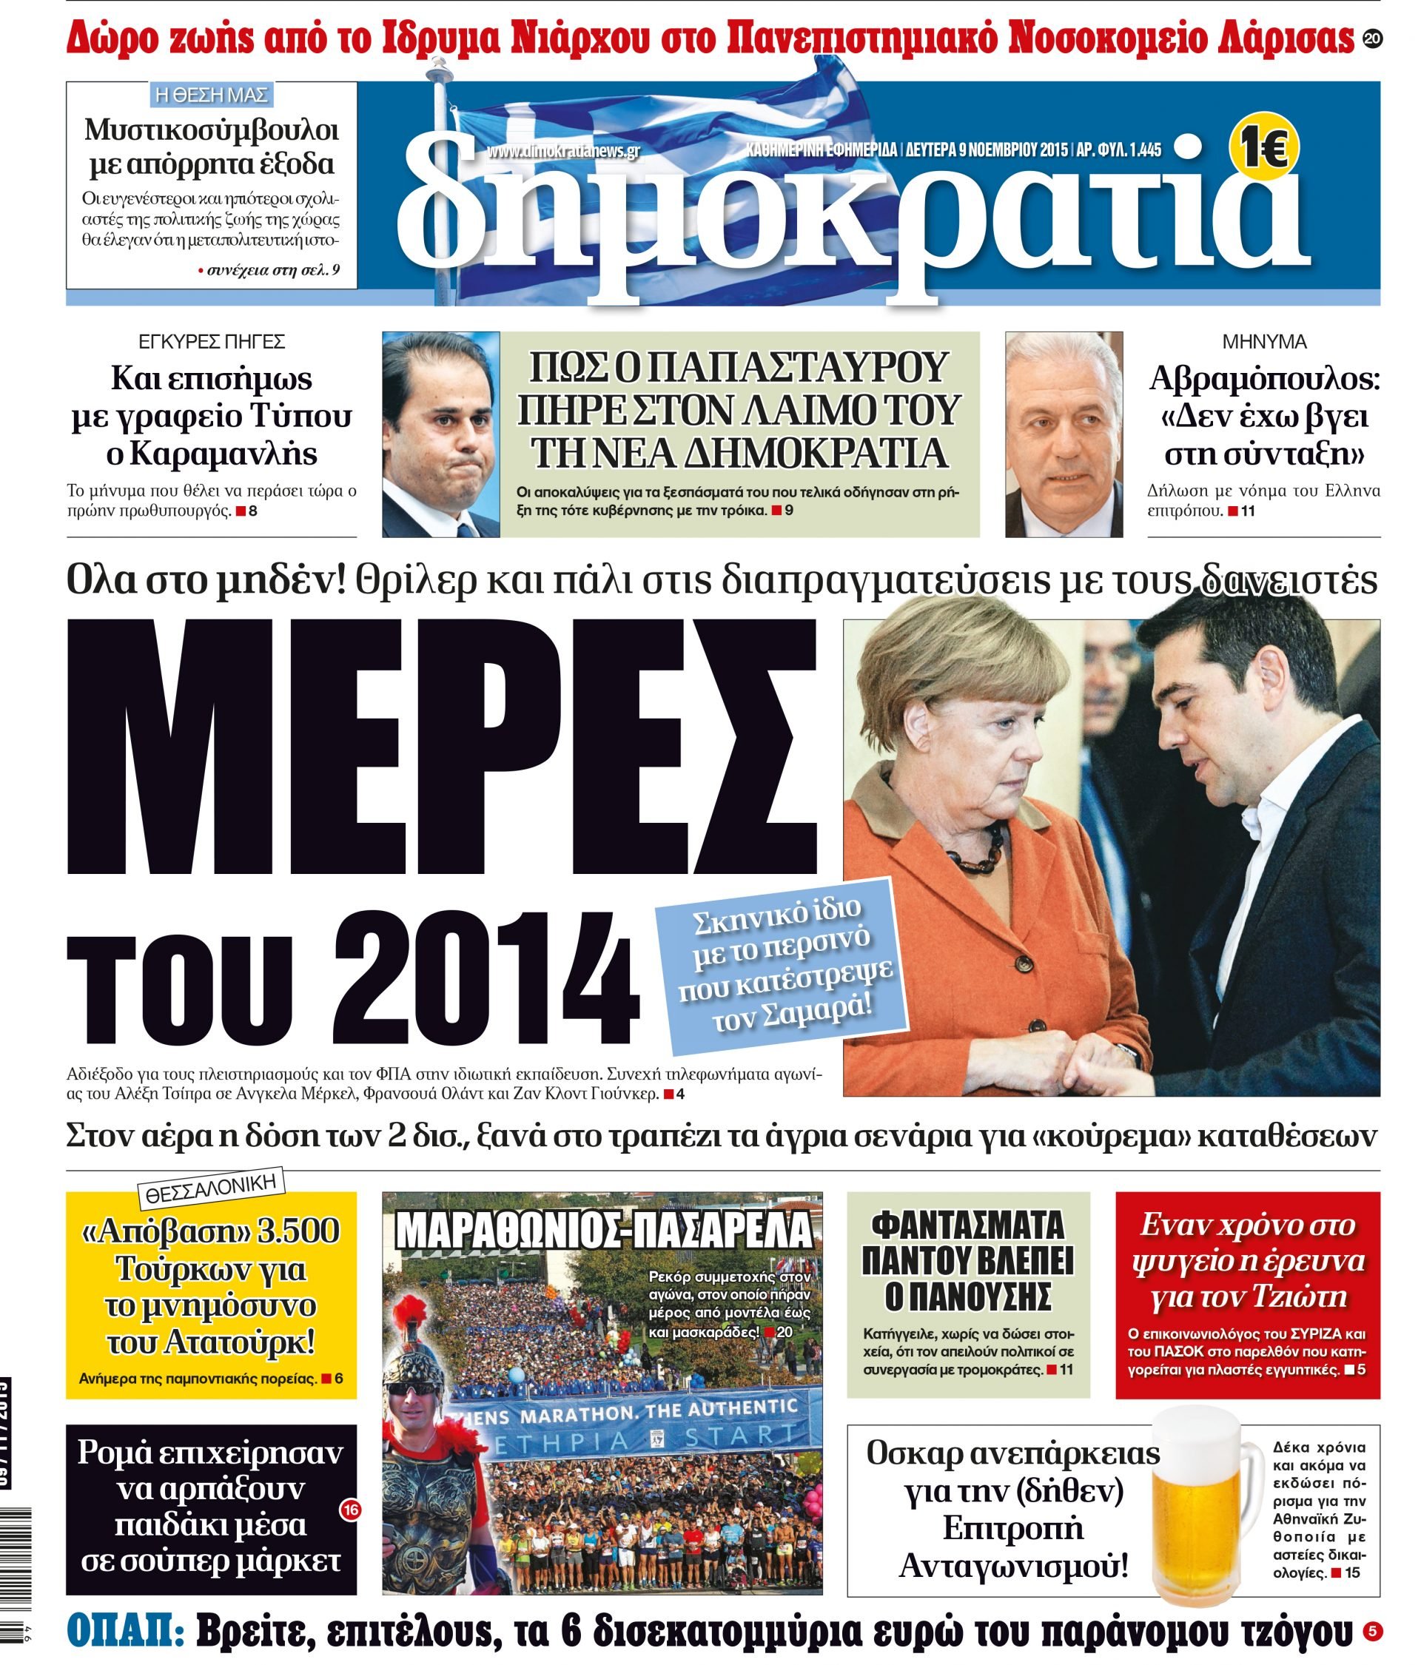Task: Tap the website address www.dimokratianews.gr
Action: point(562,152)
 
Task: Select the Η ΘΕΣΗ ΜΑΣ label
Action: point(211,95)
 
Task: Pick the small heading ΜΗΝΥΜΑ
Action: point(1263,343)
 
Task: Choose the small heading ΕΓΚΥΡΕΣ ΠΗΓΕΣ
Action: point(212,343)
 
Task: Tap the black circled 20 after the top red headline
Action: point(1372,38)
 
